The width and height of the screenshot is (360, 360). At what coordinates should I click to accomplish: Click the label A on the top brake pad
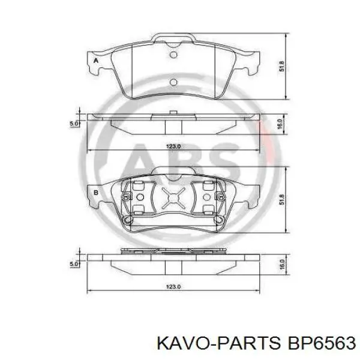pos(95,61)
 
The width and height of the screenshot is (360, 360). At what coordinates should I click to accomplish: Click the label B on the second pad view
pos(95,193)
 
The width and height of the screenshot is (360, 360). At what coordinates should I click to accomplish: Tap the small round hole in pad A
pos(175,56)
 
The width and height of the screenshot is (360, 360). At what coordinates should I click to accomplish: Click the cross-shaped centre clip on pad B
pos(173,196)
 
